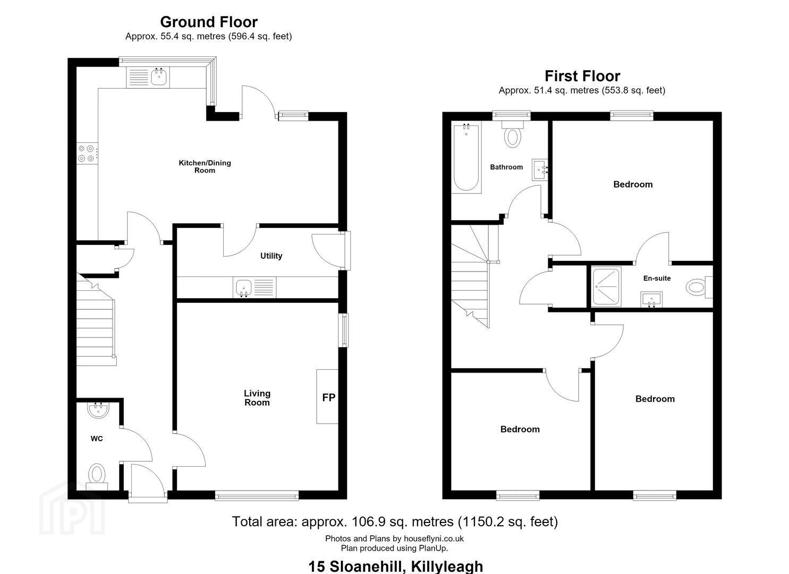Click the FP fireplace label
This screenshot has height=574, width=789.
328,398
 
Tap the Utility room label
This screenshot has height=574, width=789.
271,256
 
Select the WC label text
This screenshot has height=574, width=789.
97,438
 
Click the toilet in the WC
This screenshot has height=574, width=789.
97,476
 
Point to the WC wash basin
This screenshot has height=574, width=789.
98,410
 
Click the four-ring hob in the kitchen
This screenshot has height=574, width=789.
87,153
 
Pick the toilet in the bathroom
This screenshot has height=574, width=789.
513,133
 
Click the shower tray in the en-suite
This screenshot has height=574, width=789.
606,286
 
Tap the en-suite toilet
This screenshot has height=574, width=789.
699,287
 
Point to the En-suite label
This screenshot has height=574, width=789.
657,278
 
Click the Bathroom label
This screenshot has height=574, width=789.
506,167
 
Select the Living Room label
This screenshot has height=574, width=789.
257,398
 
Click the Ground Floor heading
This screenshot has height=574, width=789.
209,22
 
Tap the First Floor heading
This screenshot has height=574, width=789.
582,76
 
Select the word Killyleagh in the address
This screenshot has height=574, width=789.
447,567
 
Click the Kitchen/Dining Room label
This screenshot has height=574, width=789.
205,166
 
